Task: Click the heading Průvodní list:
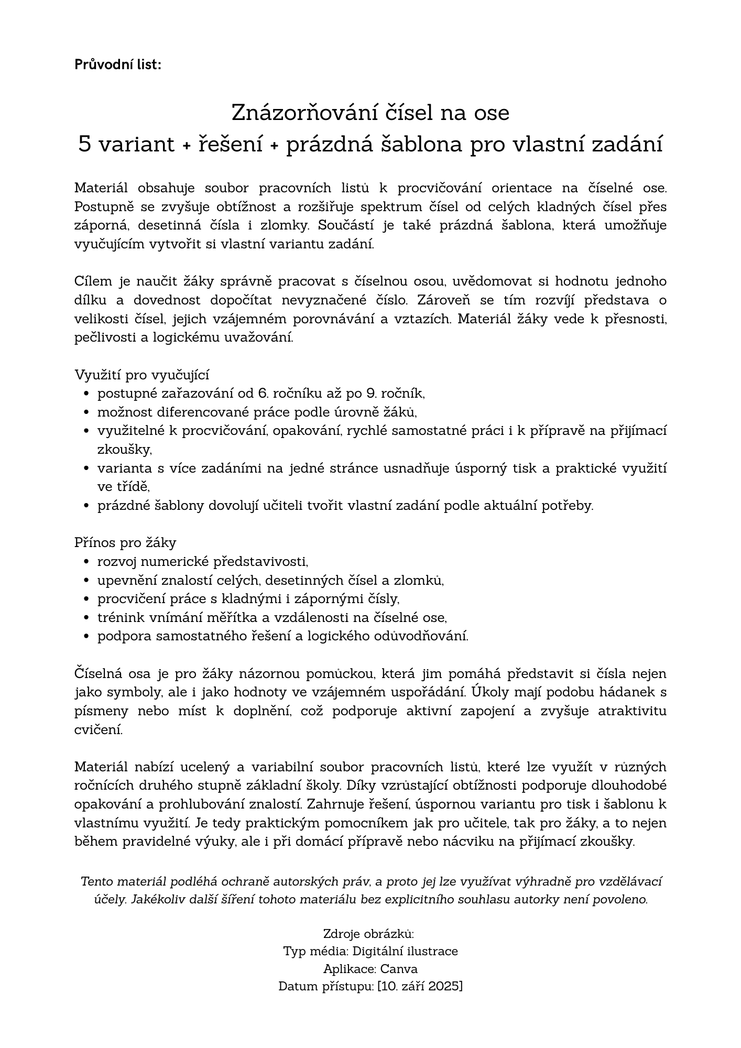(118, 64)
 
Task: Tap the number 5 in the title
(85, 144)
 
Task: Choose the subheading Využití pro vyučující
(141, 375)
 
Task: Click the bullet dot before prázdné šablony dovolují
(86, 506)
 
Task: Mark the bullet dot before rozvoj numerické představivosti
(86, 562)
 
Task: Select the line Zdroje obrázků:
(369, 934)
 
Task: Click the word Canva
(399, 968)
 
